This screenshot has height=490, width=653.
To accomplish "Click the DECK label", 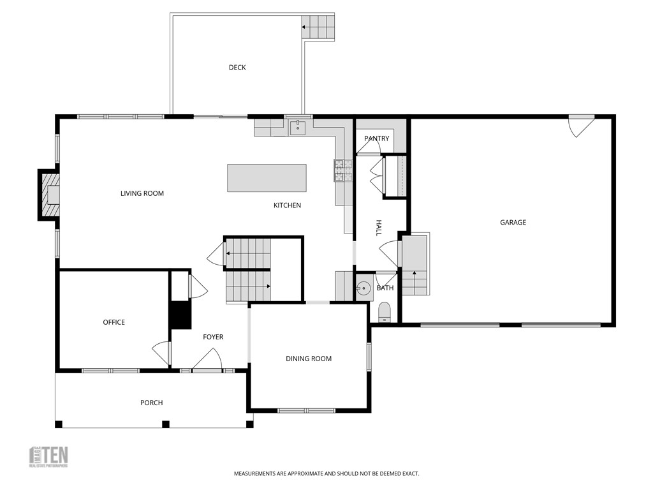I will pos(237,68).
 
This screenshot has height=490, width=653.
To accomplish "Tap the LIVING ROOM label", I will pos(142,193).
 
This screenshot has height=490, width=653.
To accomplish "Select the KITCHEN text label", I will pos(287,205).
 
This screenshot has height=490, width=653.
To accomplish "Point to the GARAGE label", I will pos(513,223).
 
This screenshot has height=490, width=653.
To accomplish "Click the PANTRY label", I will pos(376,138).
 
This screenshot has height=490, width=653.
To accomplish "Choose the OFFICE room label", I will pos(114,322).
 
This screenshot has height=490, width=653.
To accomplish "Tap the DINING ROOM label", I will pos(309,359).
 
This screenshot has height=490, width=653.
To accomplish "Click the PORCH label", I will pos(151,403).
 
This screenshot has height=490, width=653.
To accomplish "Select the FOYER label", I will pos(213,337).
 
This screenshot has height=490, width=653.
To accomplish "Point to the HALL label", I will pos(378,228).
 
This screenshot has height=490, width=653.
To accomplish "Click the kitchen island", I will pos(267,178).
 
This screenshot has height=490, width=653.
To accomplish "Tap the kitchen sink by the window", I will pos(298,128).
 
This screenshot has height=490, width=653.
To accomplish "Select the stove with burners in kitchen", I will pos(342,171).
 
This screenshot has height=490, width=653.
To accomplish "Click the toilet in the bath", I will pos(384,312).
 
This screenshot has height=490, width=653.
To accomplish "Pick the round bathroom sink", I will pos(363,288).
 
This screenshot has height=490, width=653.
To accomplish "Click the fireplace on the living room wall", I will pos(50,195).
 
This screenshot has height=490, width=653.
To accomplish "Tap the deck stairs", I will pos(318,27).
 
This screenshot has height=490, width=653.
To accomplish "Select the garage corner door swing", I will pos(580,126).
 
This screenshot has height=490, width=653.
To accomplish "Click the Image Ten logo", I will pos(49,456).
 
